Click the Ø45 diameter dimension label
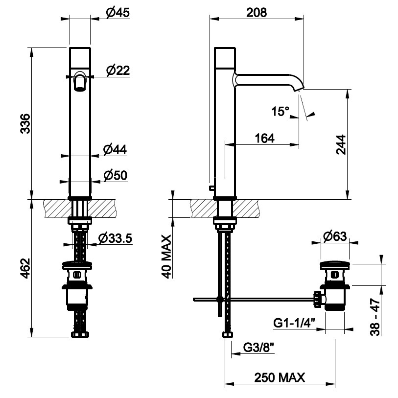[117, 13]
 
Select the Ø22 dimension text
[117, 71]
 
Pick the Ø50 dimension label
[116, 174]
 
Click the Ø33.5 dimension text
[114, 238]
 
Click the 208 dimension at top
[257, 13]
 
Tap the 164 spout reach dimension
[264, 139]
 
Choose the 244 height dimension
[342, 145]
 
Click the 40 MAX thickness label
[166, 257]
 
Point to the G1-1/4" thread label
[294, 323]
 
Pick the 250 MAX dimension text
[280, 377]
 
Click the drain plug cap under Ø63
[334, 265]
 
